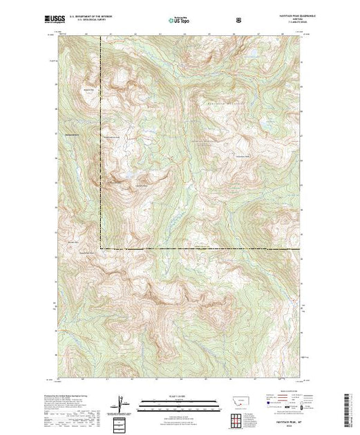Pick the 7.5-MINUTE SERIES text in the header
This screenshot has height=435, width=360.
290,24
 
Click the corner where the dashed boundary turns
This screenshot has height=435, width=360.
102,248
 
